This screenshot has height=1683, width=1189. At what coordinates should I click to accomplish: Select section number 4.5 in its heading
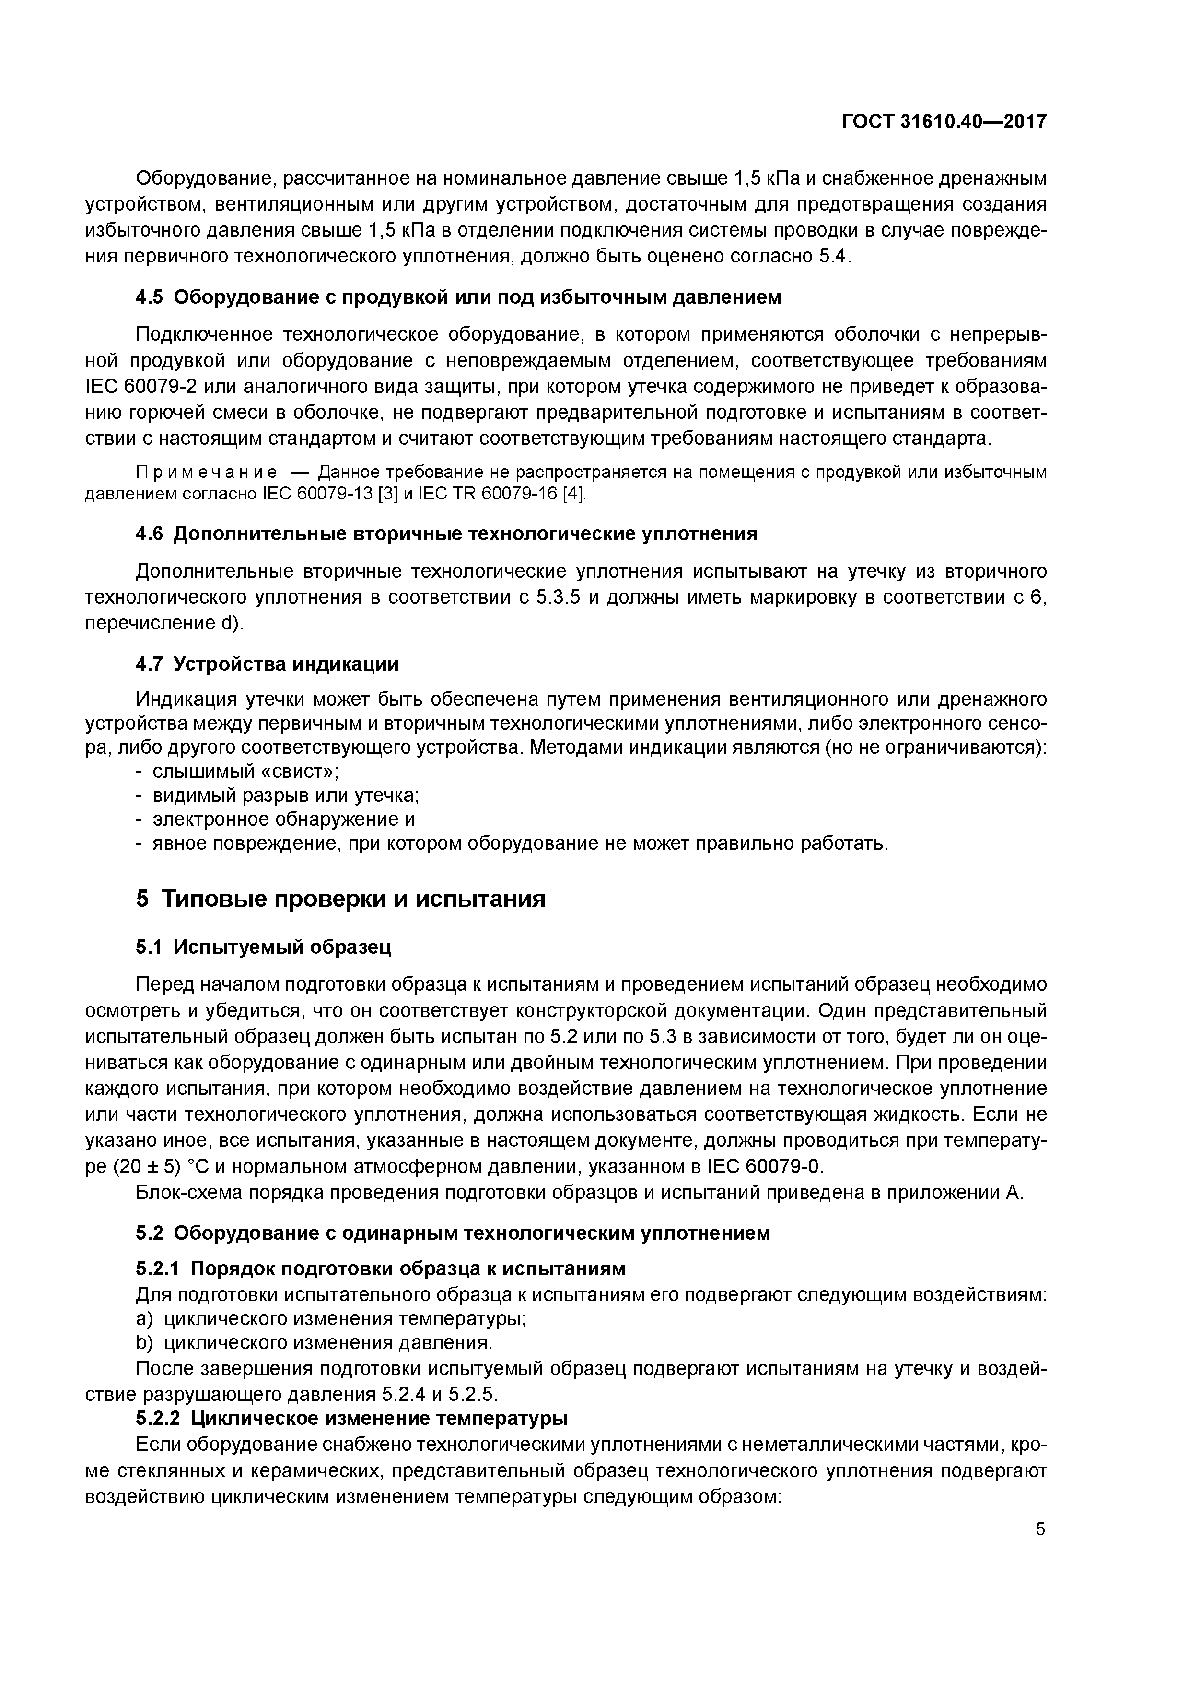150,297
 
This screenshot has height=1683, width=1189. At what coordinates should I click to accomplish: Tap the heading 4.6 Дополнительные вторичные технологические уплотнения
447,533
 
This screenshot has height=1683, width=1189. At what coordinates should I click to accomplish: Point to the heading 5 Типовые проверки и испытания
341,899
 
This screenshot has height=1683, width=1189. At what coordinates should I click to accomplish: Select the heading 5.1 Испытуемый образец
264,947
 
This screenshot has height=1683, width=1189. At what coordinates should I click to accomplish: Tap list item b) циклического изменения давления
315,1343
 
